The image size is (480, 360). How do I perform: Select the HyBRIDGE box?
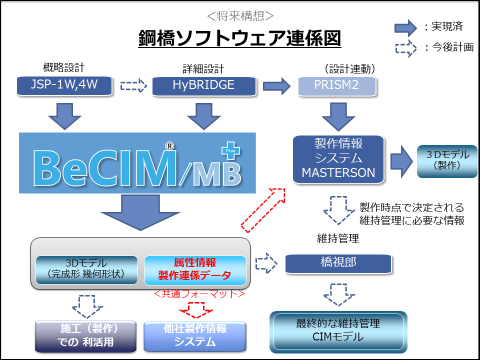pyautogui.click(x=203, y=85)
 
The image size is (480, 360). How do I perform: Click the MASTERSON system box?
pyautogui.click(x=338, y=158)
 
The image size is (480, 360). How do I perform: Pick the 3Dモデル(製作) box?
pyautogui.click(x=446, y=160)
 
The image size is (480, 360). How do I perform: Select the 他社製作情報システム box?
pyautogui.click(x=195, y=335)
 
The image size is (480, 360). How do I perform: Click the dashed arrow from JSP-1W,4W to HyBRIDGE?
pyautogui.click(x=133, y=85)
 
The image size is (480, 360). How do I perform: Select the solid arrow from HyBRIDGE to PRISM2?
pyautogui.click(x=277, y=85)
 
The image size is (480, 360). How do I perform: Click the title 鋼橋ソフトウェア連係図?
pyautogui.click(x=239, y=38)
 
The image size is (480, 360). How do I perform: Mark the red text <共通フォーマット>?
pyautogui.click(x=199, y=294)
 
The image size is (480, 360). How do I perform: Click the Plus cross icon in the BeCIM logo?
pyautogui.click(x=230, y=152)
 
